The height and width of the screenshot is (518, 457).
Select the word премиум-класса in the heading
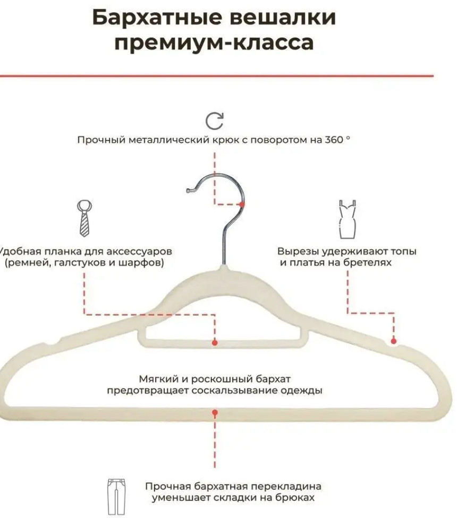214,42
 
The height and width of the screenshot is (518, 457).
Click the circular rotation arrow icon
215,120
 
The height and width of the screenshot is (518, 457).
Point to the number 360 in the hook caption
334,141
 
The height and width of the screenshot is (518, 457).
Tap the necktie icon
84,218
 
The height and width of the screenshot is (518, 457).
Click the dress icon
347,220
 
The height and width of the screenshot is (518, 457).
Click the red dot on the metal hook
242,204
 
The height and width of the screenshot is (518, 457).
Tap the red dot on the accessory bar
215,343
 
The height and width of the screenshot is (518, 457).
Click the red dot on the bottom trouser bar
215,412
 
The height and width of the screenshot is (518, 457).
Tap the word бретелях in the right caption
368,263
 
